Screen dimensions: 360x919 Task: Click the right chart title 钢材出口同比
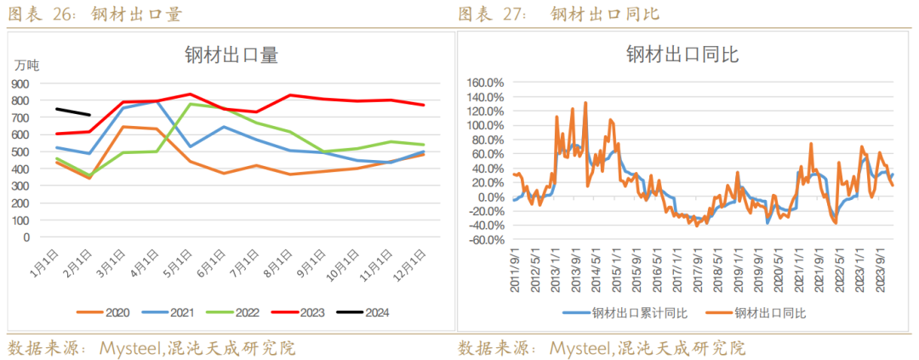pyautogui.click(x=682, y=56)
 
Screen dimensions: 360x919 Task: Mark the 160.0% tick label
pyautogui.click(x=486, y=83)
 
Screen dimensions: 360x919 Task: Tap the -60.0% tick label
pyautogui.click(x=486, y=240)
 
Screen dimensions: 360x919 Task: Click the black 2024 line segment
pyautogui.click(x=73, y=111)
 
